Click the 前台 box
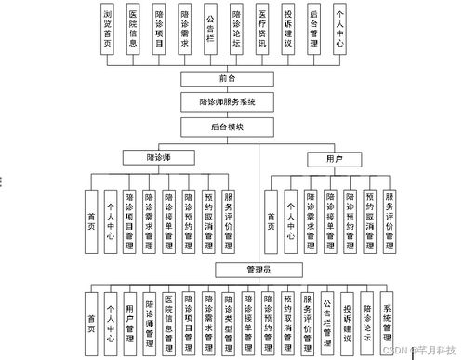[x=229, y=79]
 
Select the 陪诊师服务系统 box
[x=229, y=101]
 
